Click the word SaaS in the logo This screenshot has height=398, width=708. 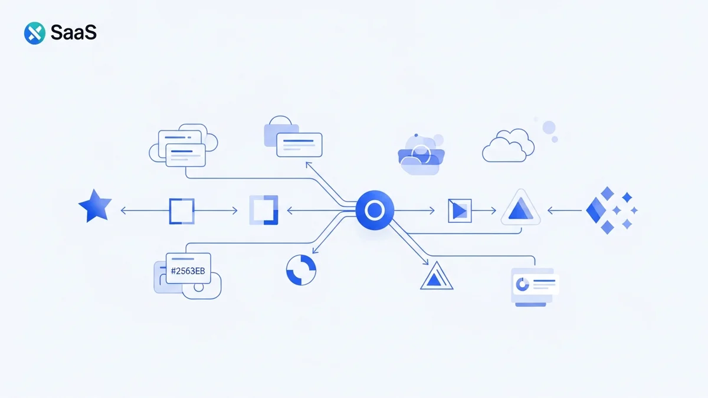point(73,33)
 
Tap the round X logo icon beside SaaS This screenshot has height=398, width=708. point(35,33)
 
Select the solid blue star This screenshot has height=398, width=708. point(95,207)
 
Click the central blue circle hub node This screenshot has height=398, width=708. point(374,210)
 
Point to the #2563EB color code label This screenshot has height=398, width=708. point(188,271)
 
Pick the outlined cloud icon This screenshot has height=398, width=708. point(508,148)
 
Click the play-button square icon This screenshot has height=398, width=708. point(460,210)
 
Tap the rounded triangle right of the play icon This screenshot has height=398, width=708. point(520,209)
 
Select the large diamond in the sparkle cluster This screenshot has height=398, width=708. point(601,210)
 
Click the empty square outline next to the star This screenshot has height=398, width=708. point(181,210)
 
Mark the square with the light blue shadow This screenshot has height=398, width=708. point(263,210)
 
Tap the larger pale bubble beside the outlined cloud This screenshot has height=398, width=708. point(549,127)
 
